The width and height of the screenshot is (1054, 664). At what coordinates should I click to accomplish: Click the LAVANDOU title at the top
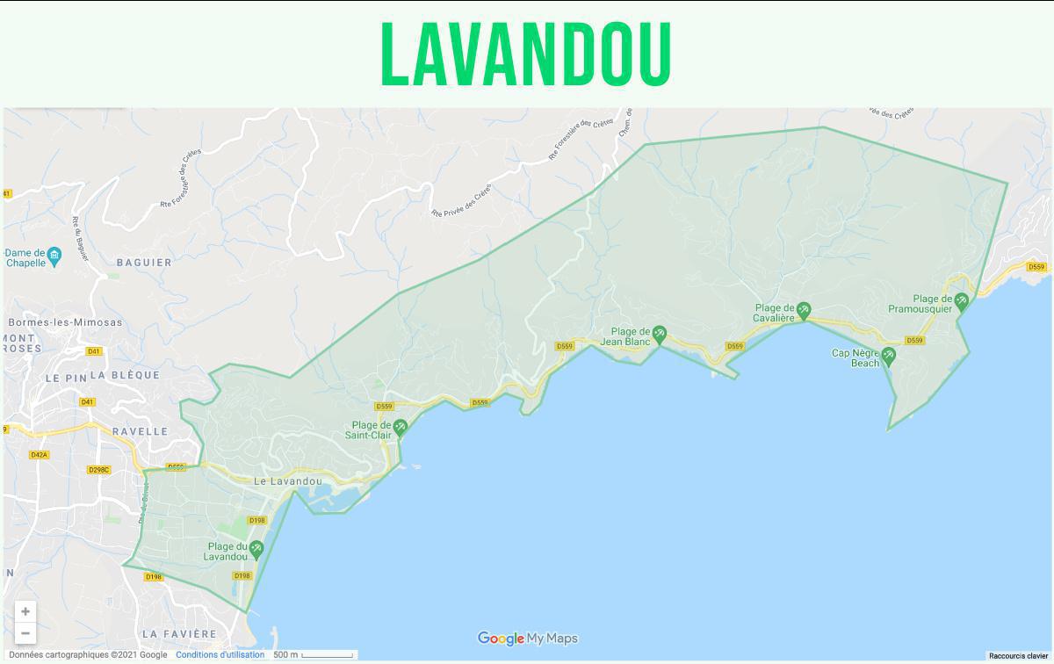[x=526, y=54]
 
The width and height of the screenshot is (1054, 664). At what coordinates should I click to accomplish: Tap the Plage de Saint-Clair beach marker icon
[x=401, y=428]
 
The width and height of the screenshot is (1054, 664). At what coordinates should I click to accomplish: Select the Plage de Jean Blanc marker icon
[x=659, y=333]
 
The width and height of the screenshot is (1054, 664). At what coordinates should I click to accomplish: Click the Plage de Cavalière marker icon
[x=803, y=310]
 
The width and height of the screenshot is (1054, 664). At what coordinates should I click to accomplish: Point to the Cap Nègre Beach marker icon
[x=888, y=356]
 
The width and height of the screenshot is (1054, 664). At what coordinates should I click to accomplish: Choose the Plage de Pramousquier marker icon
[x=961, y=301]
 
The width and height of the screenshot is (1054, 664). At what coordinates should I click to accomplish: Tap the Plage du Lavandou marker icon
[x=256, y=549]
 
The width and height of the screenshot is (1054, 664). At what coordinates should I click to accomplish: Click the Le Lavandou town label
[x=288, y=481]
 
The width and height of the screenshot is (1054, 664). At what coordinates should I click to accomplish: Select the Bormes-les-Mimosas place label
[x=65, y=322]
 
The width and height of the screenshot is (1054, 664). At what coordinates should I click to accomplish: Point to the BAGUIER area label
[x=144, y=263]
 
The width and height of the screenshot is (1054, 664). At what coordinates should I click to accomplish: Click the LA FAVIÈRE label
[x=178, y=633]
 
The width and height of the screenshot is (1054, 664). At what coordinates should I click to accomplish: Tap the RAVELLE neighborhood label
[x=140, y=431]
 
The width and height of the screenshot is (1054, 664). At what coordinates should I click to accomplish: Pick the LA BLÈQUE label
[x=125, y=375]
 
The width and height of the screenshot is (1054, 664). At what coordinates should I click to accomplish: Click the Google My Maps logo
[x=527, y=639]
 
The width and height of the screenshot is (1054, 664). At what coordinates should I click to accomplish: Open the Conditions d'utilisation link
[x=220, y=654]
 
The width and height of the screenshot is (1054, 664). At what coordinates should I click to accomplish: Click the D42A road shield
[x=39, y=455]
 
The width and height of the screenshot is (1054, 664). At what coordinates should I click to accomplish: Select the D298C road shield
[x=99, y=470]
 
